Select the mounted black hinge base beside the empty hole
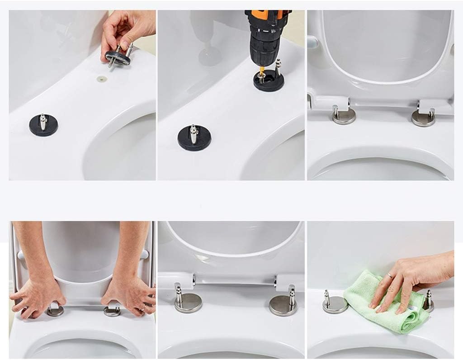43,126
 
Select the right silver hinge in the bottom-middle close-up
283,303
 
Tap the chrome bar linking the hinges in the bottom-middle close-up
235,280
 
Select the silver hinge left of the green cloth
335,303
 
